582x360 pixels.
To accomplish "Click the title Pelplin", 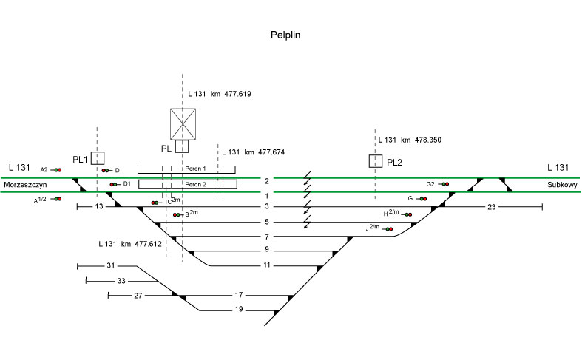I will (x=285, y=35).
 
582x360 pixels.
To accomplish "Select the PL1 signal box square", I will (x=98, y=157).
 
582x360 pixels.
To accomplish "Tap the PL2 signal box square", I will (x=376, y=161).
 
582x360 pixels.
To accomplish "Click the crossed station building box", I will (x=182, y=123).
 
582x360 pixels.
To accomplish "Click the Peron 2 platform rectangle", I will (x=188, y=184).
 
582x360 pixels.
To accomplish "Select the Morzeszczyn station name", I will (x=25, y=185).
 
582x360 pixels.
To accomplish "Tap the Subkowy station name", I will (x=561, y=185).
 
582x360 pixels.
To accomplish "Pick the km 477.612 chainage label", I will (x=129, y=242).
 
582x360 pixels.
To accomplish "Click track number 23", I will (x=492, y=207).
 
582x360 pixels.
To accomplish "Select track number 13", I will (x=100, y=207).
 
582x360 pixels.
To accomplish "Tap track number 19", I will (x=239, y=310).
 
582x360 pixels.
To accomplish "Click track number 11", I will (x=267, y=265).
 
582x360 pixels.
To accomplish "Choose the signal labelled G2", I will (x=444, y=183).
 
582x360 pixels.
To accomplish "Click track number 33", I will (x=121, y=281).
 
